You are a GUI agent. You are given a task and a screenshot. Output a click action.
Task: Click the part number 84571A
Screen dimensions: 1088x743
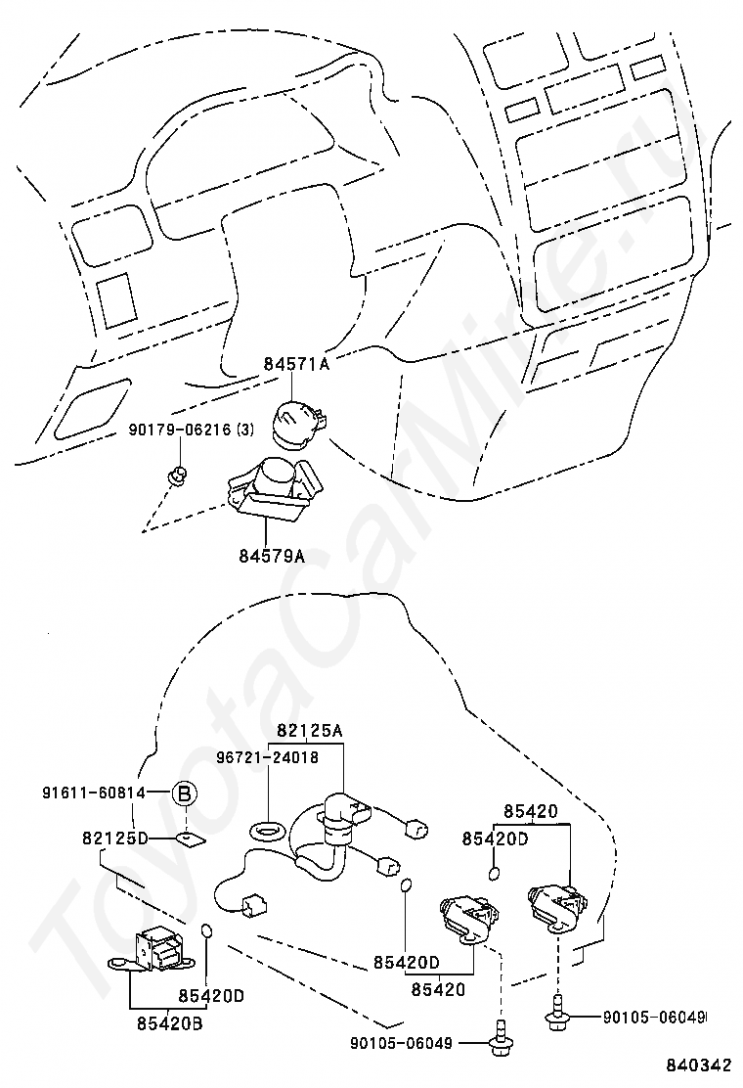click(x=295, y=365)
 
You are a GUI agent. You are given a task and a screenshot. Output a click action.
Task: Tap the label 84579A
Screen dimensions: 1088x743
click(x=271, y=556)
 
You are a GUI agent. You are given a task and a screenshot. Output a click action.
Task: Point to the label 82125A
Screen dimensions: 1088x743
click(x=310, y=730)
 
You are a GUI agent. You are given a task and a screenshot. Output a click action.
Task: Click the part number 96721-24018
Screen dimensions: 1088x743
click(x=268, y=756)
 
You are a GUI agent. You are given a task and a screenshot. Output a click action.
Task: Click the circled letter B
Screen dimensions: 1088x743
click(x=184, y=794)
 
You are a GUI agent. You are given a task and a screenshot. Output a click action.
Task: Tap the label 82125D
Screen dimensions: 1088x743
click(x=114, y=839)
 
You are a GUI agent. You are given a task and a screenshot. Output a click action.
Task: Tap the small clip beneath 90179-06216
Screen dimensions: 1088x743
click(x=177, y=476)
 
